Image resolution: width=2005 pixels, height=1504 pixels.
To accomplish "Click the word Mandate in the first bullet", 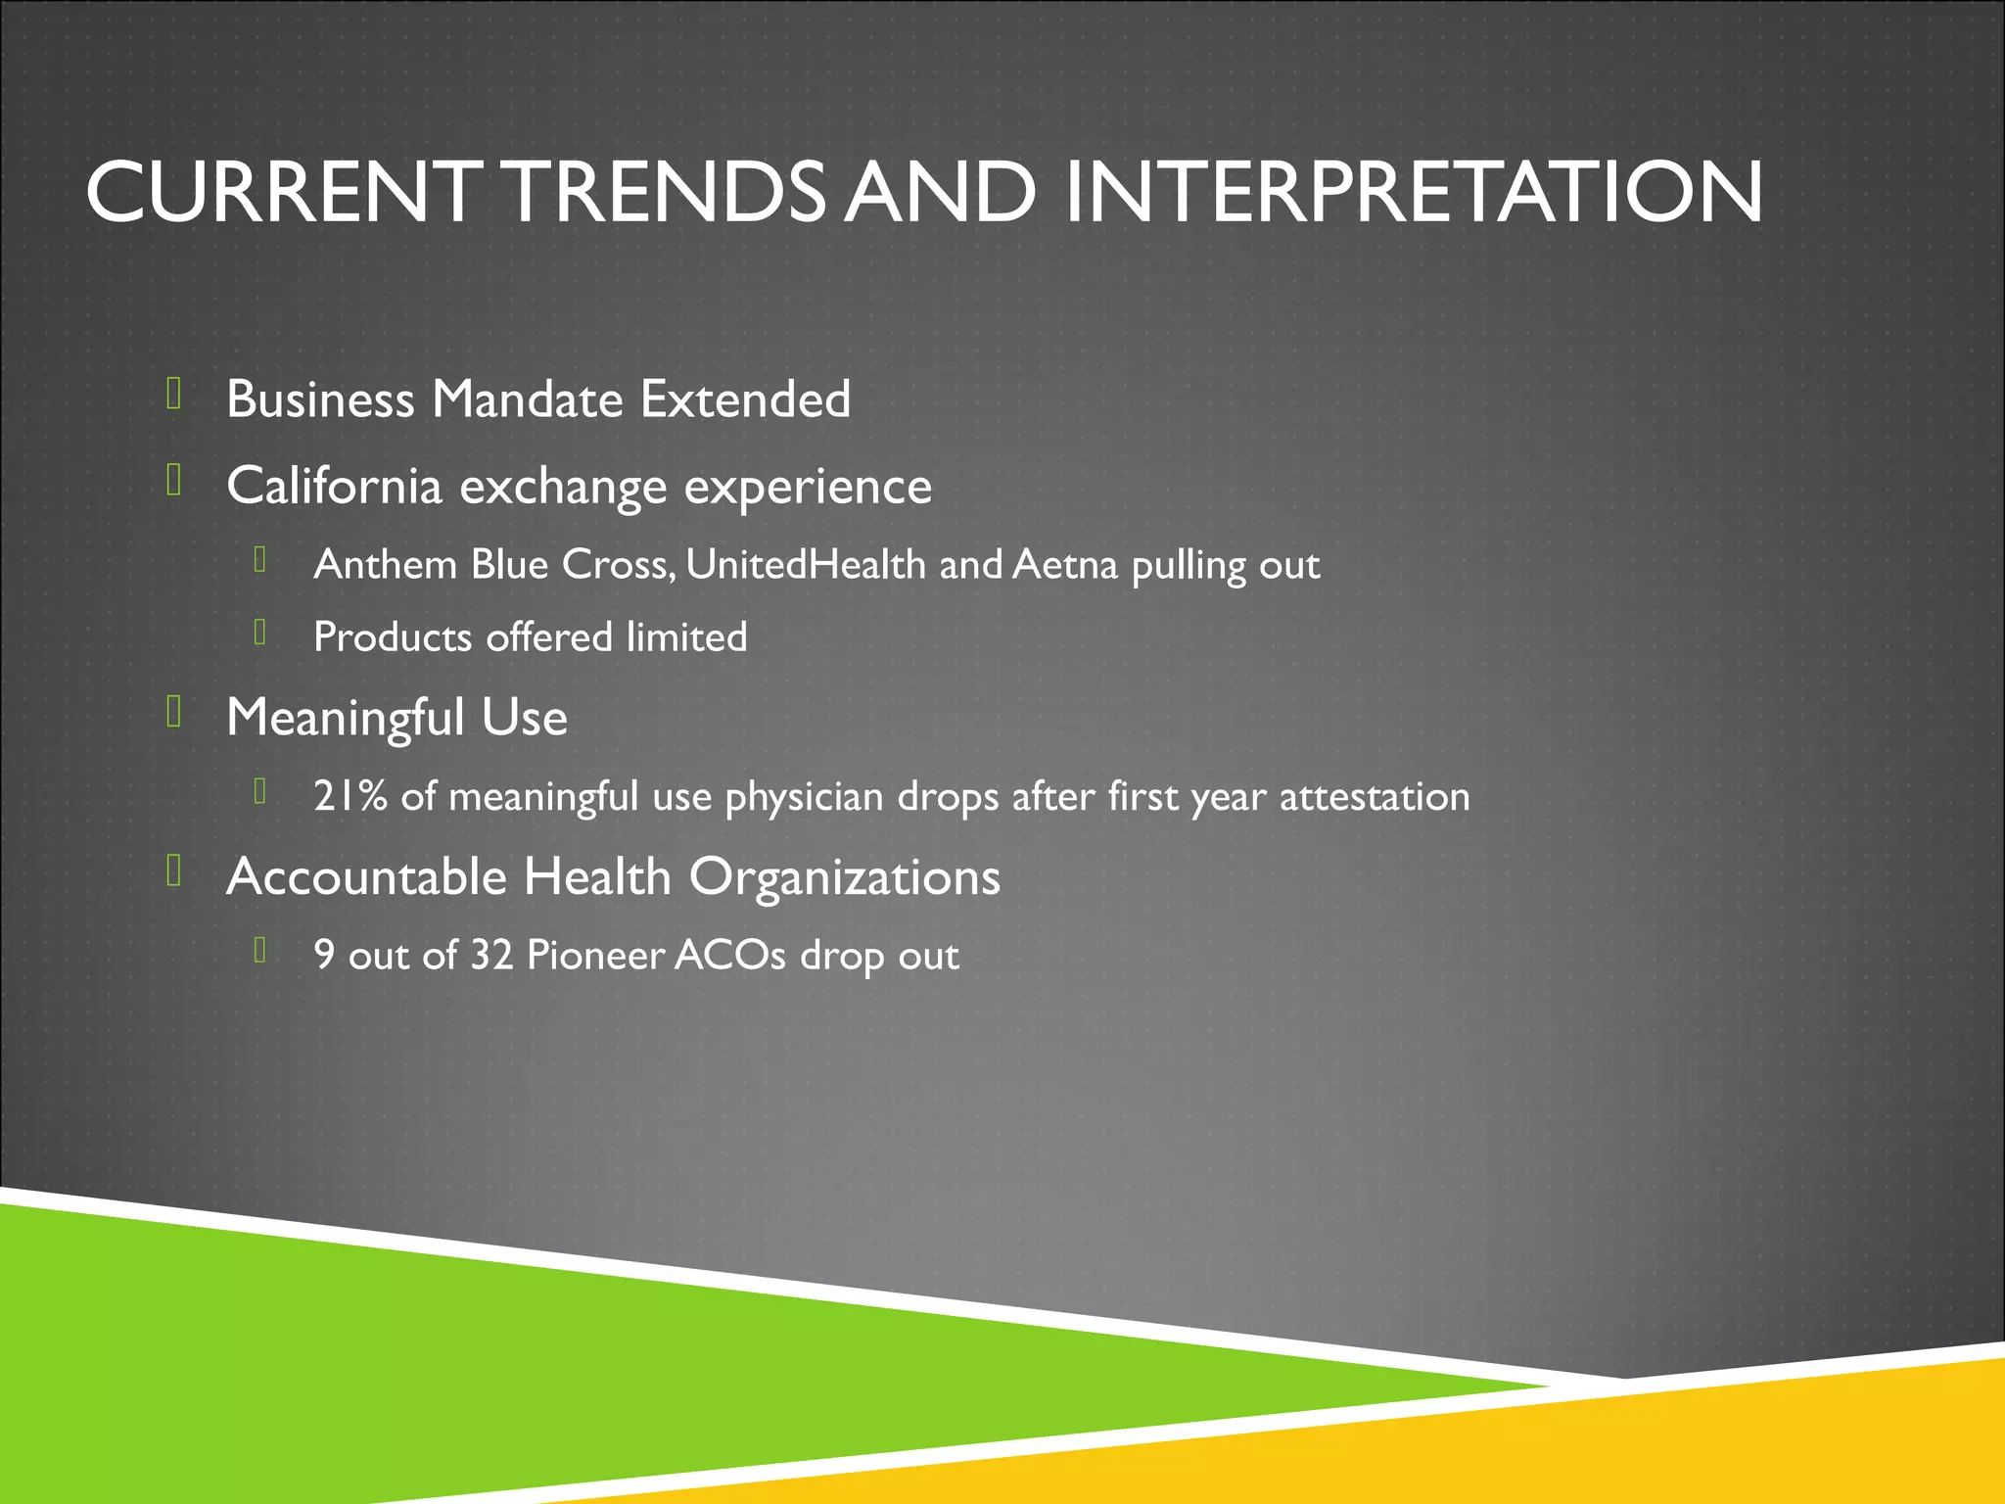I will coord(528,399).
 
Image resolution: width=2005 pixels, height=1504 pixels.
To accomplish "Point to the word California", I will coord(334,486).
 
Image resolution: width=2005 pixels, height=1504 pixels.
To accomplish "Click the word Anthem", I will coord(386,565).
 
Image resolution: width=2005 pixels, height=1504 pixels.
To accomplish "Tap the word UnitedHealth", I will coord(806,565).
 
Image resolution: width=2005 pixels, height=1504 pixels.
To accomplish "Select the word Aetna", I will coord(1065,565).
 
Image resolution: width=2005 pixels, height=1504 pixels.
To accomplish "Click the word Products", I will coord(393,637).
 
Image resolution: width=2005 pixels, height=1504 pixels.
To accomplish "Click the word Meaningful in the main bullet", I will coord(346,718).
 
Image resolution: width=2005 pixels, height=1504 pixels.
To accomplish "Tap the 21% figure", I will coord(350,796).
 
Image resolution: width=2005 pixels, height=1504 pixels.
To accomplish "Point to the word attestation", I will coord(1375,797).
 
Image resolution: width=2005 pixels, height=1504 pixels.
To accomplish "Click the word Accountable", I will coord(366,876).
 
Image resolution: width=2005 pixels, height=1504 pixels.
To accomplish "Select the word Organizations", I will coord(845,877).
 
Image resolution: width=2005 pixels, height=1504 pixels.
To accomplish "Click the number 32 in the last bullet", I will coord(491,955).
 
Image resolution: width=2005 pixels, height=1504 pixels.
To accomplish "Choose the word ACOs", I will coord(729,955).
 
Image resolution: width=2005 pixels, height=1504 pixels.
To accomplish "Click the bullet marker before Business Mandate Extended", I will coord(174,394).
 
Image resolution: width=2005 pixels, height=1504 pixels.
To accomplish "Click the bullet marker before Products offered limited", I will coord(260,633).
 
